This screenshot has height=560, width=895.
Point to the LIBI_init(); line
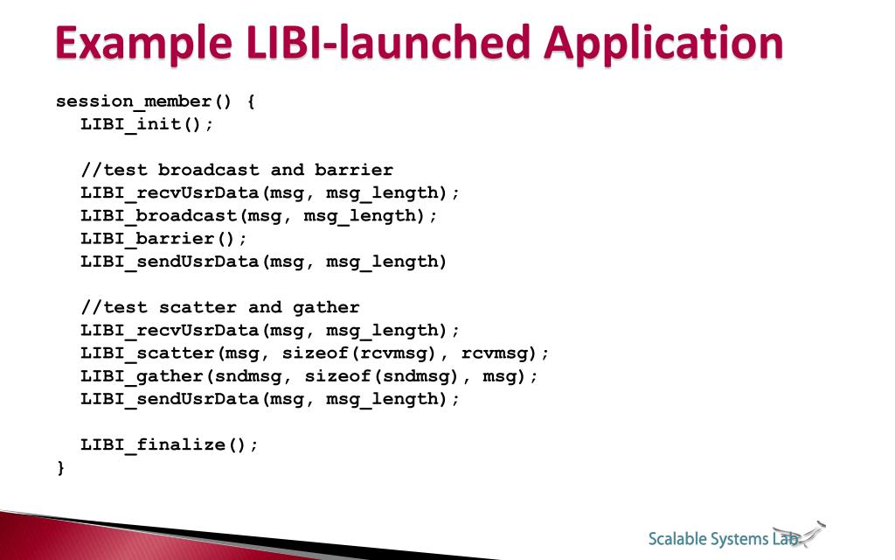click(147, 124)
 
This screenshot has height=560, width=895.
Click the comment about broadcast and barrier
click(237, 170)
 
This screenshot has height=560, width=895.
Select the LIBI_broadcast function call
click(160, 215)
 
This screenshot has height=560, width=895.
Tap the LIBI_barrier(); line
click(164, 238)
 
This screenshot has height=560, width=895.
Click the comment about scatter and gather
click(220, 307)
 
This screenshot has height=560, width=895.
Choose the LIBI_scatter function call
click(149, 353)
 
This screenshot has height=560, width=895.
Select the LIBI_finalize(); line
click(170, 444)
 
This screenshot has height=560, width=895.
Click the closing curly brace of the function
click(60, 467)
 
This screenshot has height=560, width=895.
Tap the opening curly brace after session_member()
click(251, 101)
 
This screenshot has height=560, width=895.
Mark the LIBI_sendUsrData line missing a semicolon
click(263, 261)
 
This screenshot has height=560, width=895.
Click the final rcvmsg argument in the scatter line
click(501, 353)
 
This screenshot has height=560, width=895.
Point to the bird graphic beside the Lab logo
click(810, 530)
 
